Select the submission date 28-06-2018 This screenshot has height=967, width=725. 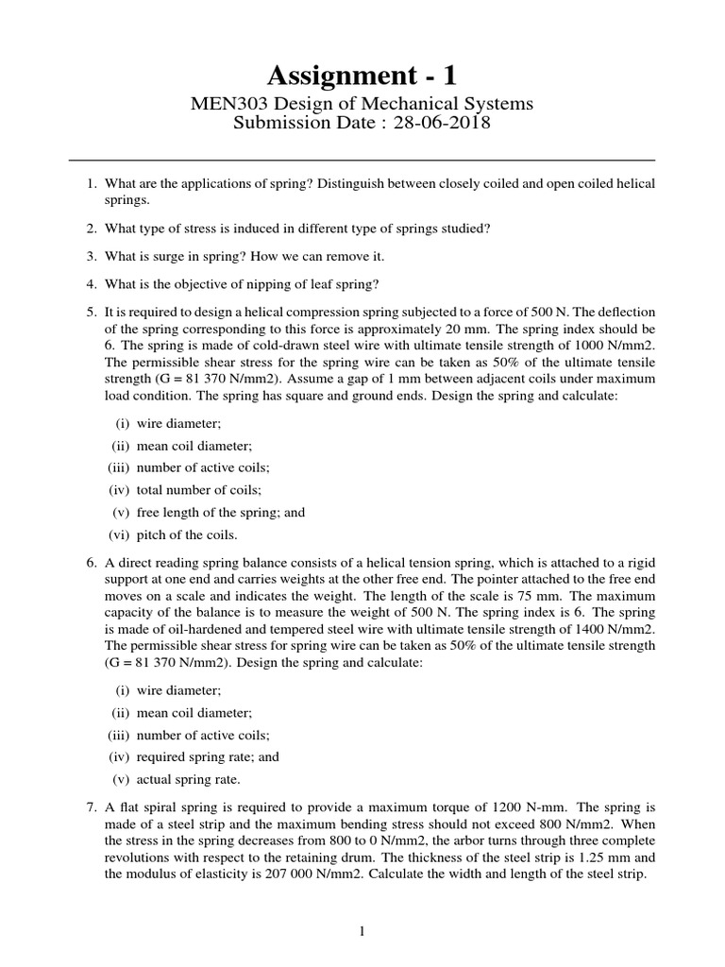[x=441, y=125]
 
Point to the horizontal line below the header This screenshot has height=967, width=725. [x=362, y=160]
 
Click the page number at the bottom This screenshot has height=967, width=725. [x=362, y=932]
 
